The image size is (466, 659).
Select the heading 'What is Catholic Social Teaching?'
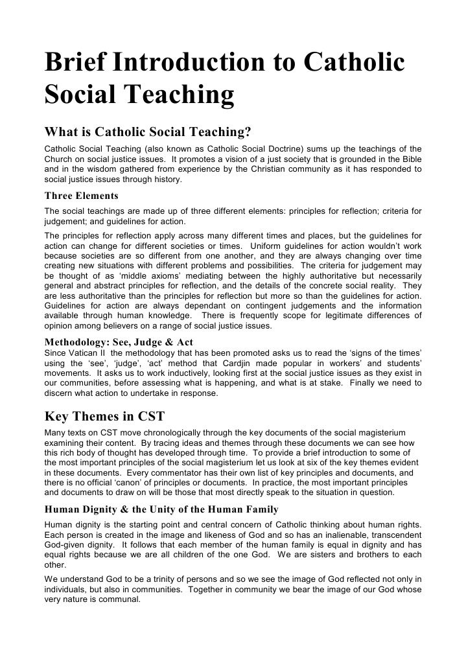pos(147,132)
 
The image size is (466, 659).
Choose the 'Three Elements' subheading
pos(81,196)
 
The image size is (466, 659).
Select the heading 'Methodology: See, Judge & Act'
pos(119,341)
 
